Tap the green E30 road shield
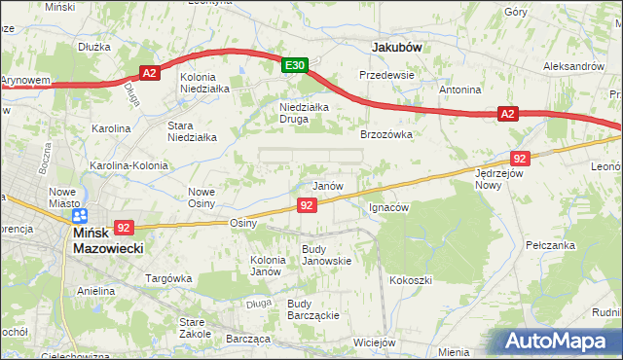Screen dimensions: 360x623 tap(296, 65)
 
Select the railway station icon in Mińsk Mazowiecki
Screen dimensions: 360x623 tap(79, 216)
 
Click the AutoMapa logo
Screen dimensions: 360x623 tap(558, 340)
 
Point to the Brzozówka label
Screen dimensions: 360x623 tap(387, 135)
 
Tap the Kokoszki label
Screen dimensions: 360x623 tap(410, 280)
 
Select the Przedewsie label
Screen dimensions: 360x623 tap(387, 75)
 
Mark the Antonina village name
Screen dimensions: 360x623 tap(460, 90)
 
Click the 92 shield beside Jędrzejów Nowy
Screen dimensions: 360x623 tap(519, 158)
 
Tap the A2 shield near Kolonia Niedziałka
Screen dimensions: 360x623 tap(149, 73)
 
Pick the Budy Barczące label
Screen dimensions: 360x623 tap(312, 309)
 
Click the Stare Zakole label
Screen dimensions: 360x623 tap(196, 328)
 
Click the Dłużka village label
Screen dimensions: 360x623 tap(95, 46)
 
